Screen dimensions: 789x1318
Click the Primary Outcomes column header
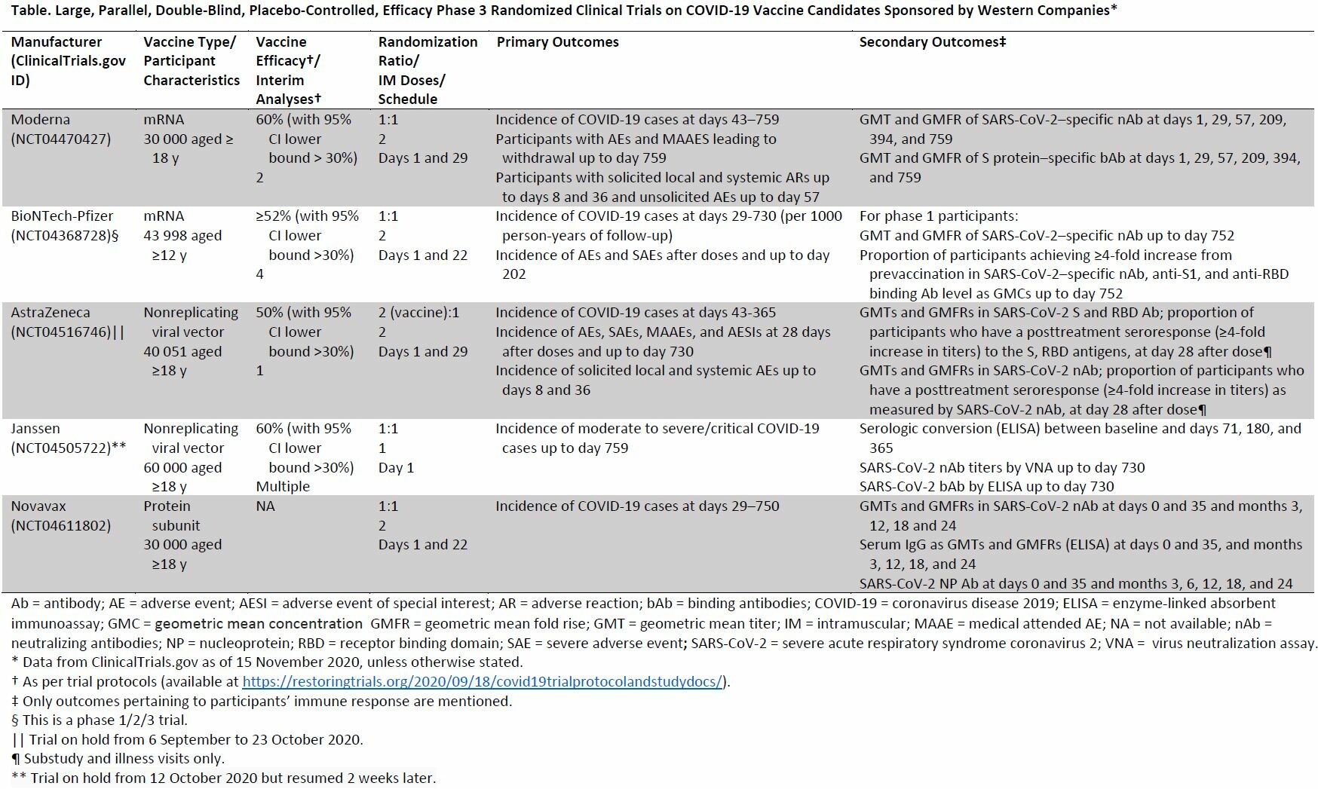557,42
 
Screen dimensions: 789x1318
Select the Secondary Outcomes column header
933,42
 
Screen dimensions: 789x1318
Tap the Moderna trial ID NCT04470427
60,139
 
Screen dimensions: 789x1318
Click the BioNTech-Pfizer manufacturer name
62,216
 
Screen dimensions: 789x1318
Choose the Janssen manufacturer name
35,429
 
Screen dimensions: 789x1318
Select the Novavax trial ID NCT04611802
60,525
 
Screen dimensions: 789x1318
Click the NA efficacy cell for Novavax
265,506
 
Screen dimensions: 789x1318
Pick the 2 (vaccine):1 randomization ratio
418,313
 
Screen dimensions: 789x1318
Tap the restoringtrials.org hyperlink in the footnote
482,682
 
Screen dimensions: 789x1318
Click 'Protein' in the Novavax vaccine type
167,506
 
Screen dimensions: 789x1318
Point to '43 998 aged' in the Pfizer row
182,236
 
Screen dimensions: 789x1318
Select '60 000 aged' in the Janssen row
182,468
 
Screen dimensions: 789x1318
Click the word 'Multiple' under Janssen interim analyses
283,487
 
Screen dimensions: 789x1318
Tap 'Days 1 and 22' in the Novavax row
423,545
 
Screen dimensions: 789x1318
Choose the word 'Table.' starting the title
29,10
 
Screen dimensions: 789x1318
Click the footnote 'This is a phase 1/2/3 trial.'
105,720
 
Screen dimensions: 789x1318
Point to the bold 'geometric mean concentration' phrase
258,624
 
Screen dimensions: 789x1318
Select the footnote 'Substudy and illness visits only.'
124,759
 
